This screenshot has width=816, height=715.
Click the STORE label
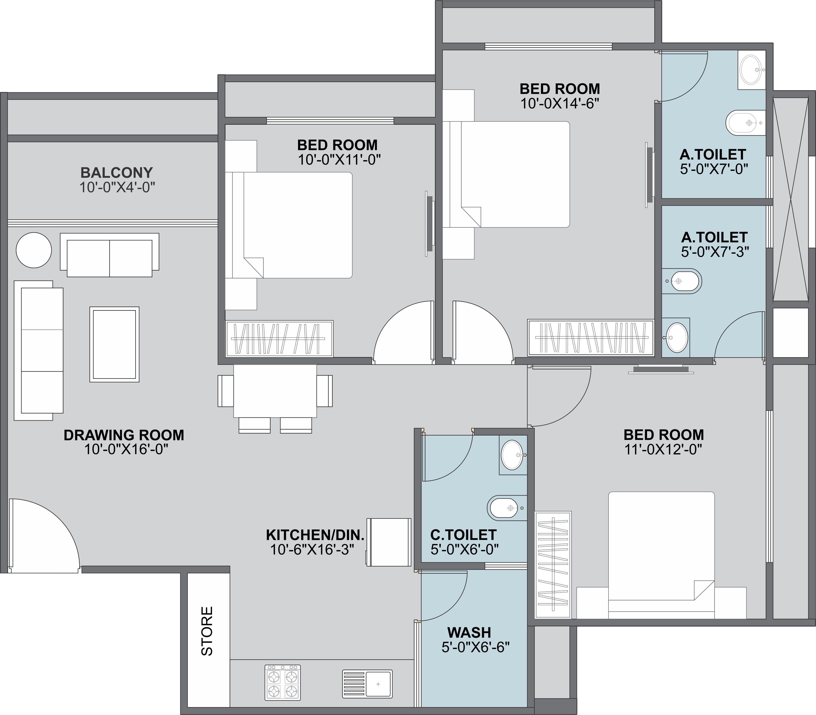pyautogui.click(x=207, y=631)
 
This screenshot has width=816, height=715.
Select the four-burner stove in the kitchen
pyautogui.click(x=283, y=682)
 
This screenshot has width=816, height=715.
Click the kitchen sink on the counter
pyautogui.click(x=367, y=684)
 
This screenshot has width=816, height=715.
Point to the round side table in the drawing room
pyautogui.click(x=34, y=250)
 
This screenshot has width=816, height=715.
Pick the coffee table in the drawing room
pyautogui.click(x=115, y=344)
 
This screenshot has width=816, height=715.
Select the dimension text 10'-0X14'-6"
pyautogui.click(x=560, y=104)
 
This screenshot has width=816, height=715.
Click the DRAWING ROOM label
pyautogui.click(x=124, y=435)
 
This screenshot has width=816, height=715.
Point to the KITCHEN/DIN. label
pyautogui.click(x=315, y=535)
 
